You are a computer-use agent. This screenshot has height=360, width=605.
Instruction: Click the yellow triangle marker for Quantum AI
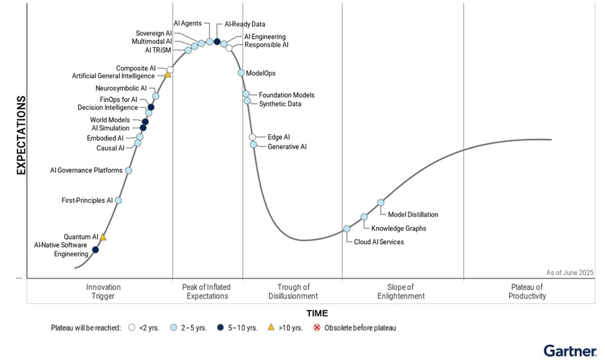pos(103,237)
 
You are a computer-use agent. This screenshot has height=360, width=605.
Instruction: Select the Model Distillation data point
pos(381,202)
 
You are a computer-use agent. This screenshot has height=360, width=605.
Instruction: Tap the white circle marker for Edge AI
pos(252,137)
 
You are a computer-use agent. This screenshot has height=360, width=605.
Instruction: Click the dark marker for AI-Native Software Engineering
pos(95,249)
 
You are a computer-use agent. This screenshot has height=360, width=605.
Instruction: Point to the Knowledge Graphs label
pos(399,229)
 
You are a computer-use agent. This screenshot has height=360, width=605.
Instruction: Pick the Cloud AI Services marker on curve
pos(346,229)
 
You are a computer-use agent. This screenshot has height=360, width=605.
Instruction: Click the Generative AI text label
pos(287,147)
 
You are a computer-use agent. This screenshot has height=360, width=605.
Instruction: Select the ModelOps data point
pos(241,72)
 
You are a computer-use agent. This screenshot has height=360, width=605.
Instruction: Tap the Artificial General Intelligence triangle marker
pos(167,75)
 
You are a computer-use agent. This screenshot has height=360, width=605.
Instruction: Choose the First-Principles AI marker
pos(119,200)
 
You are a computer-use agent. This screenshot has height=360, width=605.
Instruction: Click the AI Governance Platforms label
pos(86,170)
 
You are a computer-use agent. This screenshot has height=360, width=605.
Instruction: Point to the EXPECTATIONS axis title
pos(21,135)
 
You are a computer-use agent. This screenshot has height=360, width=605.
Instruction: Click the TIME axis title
pos(317,313)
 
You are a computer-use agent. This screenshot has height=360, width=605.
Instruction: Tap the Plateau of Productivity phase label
pos(527,291)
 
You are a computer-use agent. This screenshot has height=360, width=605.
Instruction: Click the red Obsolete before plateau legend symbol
pos(318,327)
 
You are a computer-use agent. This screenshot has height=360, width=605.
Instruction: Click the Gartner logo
pos(569,351)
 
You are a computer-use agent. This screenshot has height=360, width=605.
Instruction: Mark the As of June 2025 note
pos(569,272)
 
